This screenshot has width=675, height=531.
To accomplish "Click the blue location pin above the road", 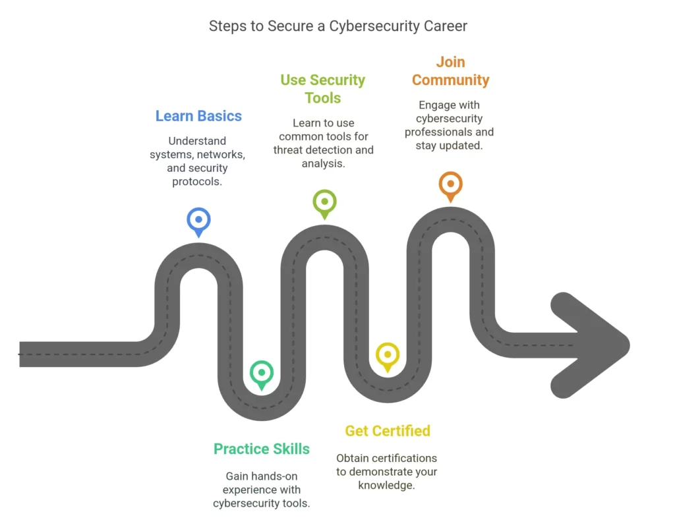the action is coord(198,222).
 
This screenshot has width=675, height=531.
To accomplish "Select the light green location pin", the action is coord(324,204).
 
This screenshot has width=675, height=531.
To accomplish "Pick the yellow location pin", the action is coord(388,357).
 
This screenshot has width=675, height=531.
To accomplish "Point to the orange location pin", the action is coord(451,186).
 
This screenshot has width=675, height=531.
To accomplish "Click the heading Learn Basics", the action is coord(198,116).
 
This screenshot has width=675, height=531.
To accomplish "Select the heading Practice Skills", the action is coord(261,449).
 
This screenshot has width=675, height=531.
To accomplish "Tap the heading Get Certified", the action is coord(388,431).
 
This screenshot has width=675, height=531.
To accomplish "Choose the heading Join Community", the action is coord(451,71).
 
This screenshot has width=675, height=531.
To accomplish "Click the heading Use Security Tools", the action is coord(323,89).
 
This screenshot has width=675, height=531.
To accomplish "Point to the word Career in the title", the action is coord(446,26).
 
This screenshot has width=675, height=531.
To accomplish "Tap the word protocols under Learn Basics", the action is coord(197,182).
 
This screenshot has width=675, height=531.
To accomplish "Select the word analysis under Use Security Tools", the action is coord(323,163).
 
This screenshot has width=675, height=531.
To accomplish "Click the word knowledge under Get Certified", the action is coord(386,486).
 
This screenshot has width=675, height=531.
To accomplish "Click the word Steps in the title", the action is coord(228,26).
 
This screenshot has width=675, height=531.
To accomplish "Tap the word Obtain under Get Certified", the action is coord(351,459).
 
